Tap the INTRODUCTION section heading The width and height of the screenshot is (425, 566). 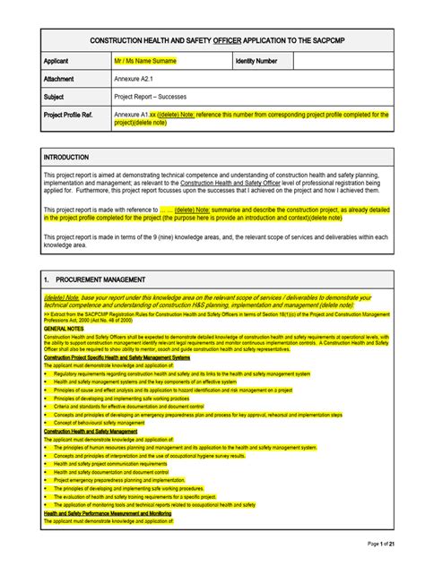click(x=67, y=156)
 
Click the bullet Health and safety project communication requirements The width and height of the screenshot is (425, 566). click(x=110, y=464)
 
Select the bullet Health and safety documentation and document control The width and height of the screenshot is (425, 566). click(x=112, y=472)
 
